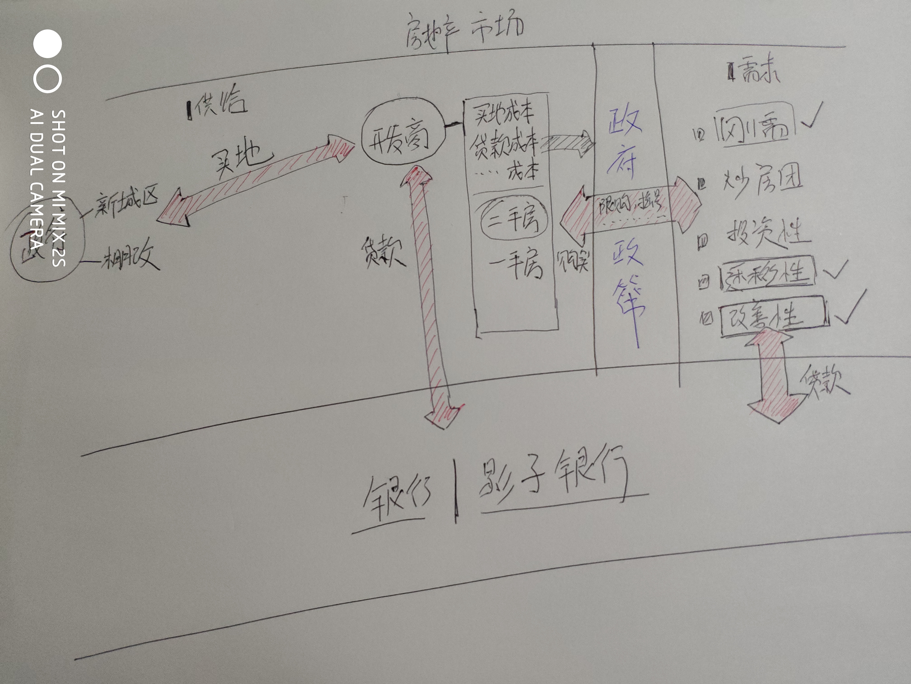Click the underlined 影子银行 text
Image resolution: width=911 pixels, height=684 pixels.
(x=552, y=480)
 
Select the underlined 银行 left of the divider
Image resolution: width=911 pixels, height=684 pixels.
(x=395, y=495)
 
